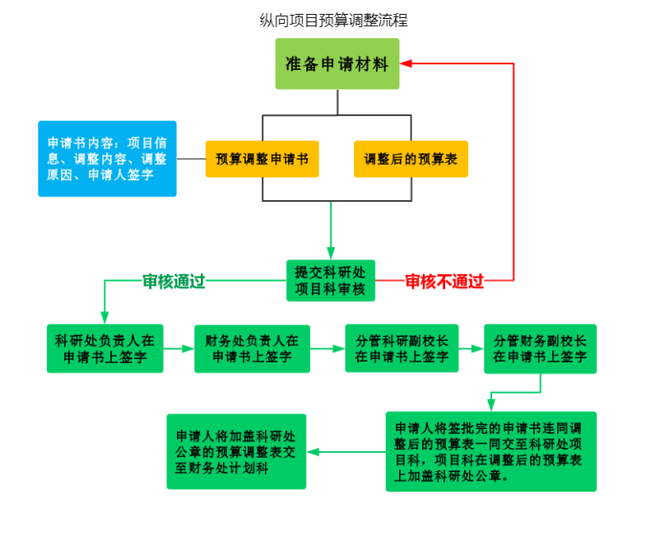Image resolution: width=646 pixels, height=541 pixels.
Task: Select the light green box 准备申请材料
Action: tap(337, 63)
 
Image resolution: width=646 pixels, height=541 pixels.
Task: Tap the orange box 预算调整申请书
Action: tap(262, 159)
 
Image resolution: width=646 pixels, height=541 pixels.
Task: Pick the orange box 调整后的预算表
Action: tap(411, 159)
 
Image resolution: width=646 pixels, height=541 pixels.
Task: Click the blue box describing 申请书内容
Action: tap(107, 159)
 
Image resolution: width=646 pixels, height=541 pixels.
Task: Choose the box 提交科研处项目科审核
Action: tap(331, 281)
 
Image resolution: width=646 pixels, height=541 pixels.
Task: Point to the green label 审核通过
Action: tap(174, 282)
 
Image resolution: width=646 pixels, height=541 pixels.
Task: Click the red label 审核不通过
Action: tap(444, 282)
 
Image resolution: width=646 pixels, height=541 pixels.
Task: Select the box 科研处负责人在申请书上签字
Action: tap(105, 348)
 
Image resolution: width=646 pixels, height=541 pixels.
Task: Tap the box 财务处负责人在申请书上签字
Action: tap(252, 348)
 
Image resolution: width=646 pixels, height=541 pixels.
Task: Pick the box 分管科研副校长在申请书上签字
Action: tap(402, 348)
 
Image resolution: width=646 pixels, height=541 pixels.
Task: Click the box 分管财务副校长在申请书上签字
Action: tap(540, 348)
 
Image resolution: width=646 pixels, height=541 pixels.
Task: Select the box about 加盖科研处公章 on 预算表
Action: tap(490, 451)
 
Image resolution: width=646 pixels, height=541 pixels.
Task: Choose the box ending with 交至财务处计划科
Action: tap(236, 451)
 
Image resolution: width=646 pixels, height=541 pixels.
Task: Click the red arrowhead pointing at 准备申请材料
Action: tap(407, 63)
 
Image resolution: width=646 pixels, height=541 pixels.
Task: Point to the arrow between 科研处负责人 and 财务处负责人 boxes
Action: tap(178, 348)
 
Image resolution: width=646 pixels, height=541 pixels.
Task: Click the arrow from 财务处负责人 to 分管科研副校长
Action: tap(328, 348)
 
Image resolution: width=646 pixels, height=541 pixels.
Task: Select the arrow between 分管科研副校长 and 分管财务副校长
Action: tap(471, 348)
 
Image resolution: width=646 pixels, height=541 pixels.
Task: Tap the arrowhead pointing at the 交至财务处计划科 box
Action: tap(314, 451)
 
